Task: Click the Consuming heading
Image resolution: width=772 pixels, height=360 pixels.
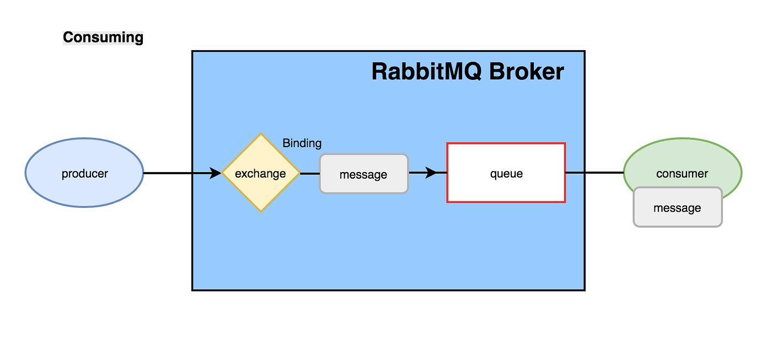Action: click(x=103, y=37)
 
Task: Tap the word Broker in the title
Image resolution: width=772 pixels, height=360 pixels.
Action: click(x=527, y=72)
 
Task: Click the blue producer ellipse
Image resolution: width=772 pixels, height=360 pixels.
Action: click(x=84, y=173)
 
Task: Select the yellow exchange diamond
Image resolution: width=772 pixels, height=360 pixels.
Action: click(x=260, y=173)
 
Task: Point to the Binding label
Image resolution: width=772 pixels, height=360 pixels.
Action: click(x=302, y=143)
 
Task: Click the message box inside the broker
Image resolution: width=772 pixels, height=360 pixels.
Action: click(x=363, y=174)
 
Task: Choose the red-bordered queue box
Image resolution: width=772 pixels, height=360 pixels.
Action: click(x=506, y=173)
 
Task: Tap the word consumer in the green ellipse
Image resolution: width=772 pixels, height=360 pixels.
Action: click(x=682, y=174)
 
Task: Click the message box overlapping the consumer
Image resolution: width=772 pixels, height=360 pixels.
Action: click(x=677, y=208)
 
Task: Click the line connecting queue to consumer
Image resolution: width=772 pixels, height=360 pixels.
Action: click(x=594, y=173)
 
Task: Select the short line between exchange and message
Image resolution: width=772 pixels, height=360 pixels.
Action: click(x=309, y=173)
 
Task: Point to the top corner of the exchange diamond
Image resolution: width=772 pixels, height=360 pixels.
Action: click(x=260, y=134)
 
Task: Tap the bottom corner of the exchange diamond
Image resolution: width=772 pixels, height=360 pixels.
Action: click(x=260, y=212)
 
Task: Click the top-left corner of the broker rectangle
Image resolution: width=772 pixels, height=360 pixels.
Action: click(x=192, y=51)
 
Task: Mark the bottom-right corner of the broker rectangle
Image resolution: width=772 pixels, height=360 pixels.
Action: click(x=584, y=290)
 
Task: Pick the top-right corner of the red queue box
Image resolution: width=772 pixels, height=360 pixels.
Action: click(x=565, y=143)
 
